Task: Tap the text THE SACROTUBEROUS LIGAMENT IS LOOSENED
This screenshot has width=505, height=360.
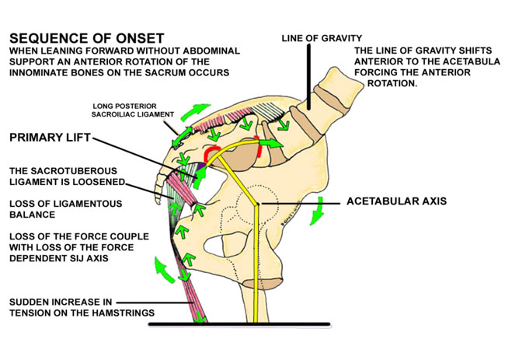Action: coord(61,178)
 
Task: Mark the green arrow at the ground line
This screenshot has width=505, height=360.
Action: coord(199,316)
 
